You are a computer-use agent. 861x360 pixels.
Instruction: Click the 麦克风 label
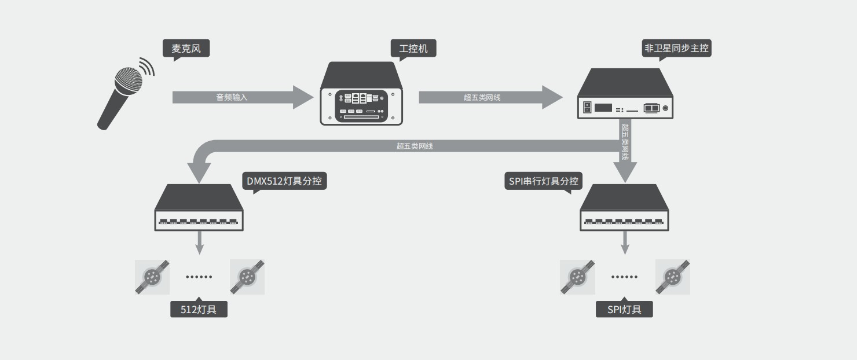point(186,49)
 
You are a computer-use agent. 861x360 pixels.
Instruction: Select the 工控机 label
point(413,48)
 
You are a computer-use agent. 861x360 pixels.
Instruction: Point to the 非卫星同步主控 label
point(676,48)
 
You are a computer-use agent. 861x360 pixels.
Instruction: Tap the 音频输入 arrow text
point(232,97)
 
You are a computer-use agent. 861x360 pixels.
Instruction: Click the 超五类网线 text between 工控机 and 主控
point(482,97)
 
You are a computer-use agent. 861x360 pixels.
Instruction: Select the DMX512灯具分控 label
point(284,182)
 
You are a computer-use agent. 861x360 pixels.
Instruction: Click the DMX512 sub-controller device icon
point(199,208)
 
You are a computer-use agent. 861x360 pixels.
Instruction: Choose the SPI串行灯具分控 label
point(543,182)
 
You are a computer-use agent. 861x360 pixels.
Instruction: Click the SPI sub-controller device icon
point(625,208)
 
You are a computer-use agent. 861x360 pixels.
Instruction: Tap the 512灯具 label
point(199,309)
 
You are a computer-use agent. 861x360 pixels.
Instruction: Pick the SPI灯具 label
point(624,309)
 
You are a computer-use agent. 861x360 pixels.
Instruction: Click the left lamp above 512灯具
point(152,277)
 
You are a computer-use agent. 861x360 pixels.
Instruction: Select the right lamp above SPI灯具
point(672,277)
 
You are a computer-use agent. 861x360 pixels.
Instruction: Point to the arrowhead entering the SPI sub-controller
point(625,172)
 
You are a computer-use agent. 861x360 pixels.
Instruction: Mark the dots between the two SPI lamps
point(625,277)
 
